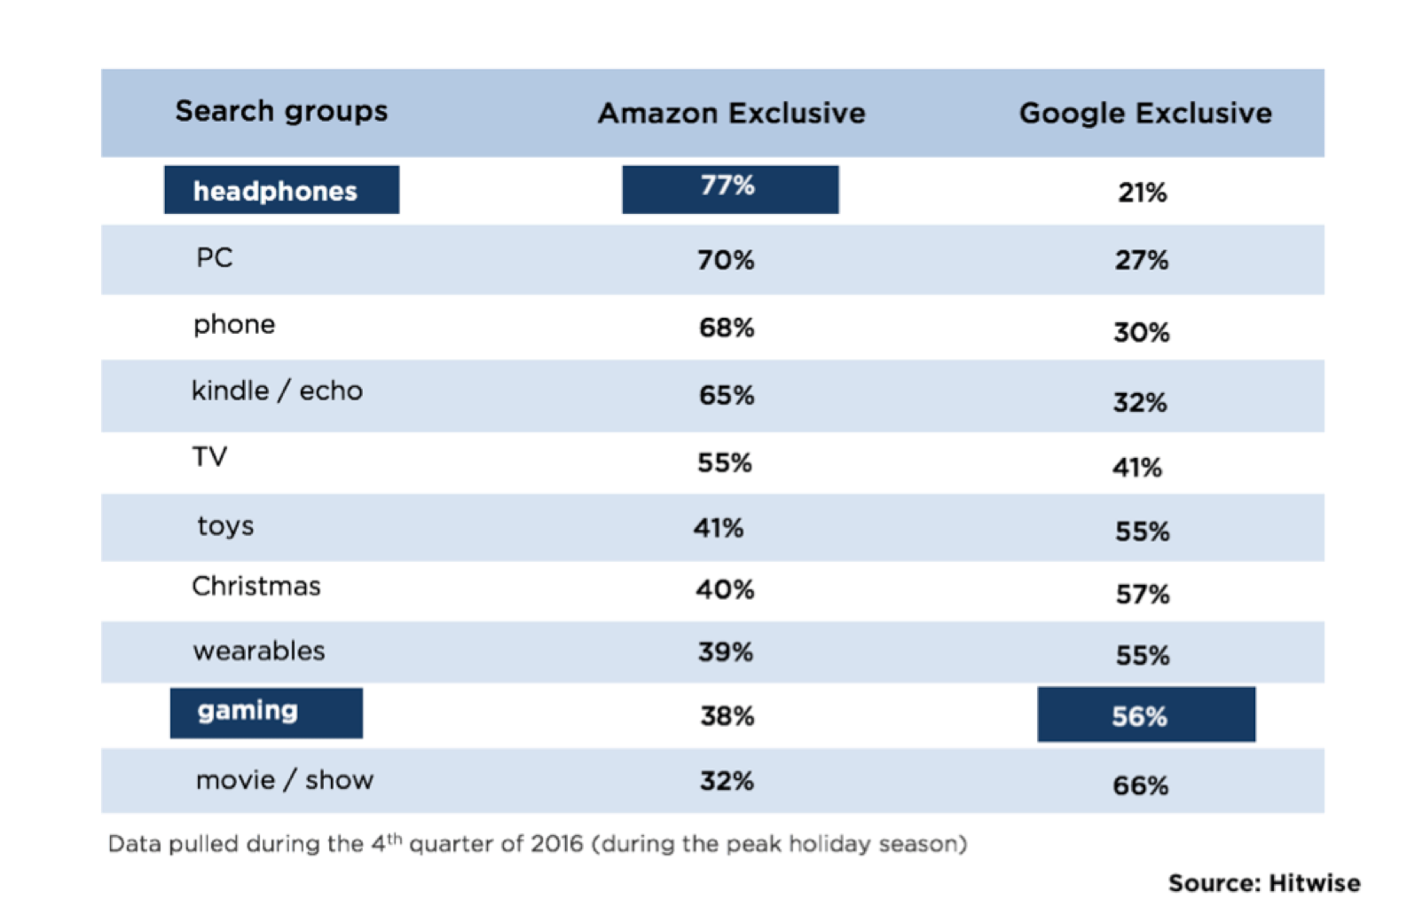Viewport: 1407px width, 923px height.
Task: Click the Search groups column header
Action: pos(281,112)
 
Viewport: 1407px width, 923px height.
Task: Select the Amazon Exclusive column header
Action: pos(731,114)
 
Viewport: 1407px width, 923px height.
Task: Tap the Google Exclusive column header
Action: pos(1144,114)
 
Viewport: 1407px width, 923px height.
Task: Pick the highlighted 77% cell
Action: pos(729,188)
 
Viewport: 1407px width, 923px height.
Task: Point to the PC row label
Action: pos(215,258)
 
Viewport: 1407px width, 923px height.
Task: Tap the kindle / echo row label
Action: pos(277,391)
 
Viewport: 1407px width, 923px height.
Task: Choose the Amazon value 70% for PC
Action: pos(726,260)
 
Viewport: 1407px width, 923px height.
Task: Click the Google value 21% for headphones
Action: pos(1142,193)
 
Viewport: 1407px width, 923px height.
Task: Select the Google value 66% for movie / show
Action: pos(1140,785)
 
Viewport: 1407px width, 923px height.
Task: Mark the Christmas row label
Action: pos(256,587)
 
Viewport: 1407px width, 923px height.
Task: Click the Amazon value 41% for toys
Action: pos(719,528)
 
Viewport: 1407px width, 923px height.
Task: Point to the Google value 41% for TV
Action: pos(1137,468)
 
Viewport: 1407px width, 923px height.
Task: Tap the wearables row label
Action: pos(259,651)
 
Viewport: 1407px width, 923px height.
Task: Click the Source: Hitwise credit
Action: pos(1263,883)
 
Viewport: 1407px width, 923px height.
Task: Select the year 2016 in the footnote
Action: pos(556,843)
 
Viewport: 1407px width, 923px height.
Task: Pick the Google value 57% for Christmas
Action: pos(1143,594)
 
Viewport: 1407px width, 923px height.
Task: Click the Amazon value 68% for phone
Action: pos(727,327)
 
